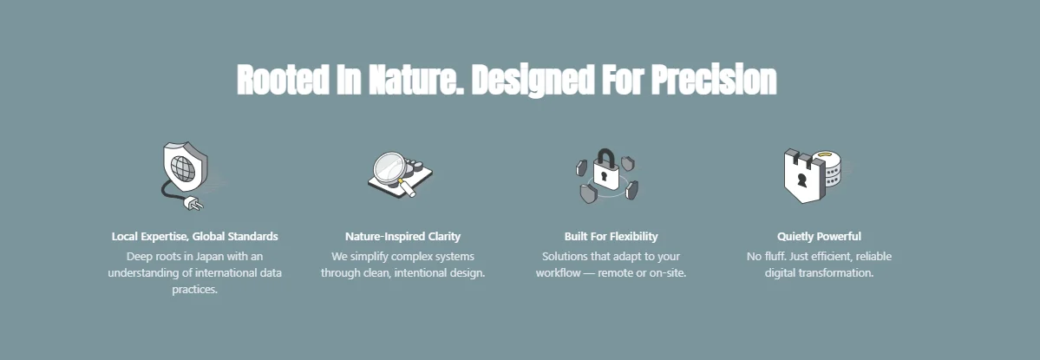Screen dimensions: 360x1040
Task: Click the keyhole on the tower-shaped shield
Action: click(x=802, y=181)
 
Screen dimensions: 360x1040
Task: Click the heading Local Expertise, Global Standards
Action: click(x=194, y=236)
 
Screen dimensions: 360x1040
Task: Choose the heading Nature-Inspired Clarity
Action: click(x=402, y=236)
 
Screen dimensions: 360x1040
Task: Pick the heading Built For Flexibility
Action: click(x=611, y=236)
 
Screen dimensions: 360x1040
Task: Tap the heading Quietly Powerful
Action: click(x=819, y=236)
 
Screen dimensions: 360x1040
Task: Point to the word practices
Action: click(x=194, y=290)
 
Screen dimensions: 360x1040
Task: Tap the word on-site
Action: click(x=668, y=273)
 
